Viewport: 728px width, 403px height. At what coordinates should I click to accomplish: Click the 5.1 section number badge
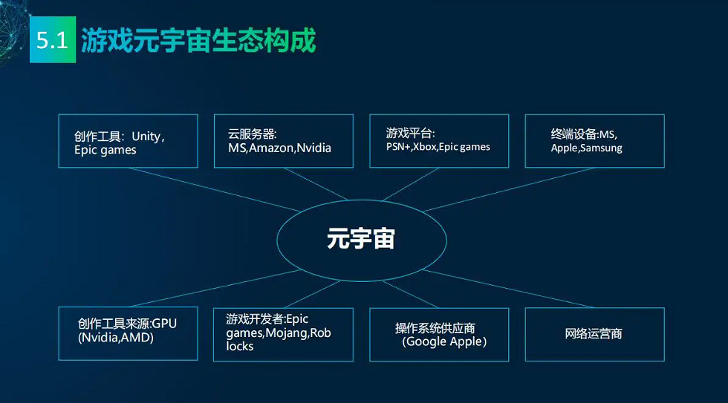pyautogui.click(x=53, y=39)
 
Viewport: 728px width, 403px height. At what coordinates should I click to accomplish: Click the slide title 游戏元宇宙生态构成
pyautogui.click(x=198, y=40)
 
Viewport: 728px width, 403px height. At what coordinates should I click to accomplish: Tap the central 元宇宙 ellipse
pyautogui.click(x=361, y=240)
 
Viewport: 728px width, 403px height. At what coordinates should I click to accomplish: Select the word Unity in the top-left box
pyautogui.click(x=146, y=137)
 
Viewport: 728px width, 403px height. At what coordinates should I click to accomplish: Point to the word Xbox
pyautogui.click(x=424, y=146)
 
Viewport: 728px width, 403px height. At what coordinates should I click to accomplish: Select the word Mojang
pyautogui.click(x=286, y=333)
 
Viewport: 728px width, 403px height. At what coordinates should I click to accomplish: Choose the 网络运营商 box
pyautogui.click(x=595, y=334)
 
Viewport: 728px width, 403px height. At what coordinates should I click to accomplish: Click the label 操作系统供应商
pyautogui.click(x=435, y=328)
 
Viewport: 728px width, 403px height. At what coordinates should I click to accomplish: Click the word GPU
pyautogui.click(x=164, y=324)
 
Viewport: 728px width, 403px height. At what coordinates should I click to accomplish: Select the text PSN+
pyautogui.click(x=398, y=146)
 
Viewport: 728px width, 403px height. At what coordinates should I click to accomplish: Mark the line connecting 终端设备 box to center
pyautogui.click(x=509, y=189)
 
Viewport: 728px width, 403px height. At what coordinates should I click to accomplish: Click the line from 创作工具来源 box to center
pyautogui.click(x=215, y=288)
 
